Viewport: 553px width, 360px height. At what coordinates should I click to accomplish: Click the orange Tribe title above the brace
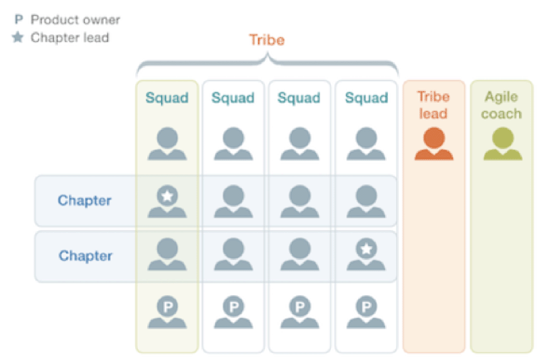point(267,40)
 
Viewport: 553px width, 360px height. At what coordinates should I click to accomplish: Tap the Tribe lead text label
point(433,105)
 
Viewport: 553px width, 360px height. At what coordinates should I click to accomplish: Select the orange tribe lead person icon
point(434,143)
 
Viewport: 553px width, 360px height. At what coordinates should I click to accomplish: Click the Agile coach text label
point(501,105)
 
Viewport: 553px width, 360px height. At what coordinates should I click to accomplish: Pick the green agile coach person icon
point(503,143)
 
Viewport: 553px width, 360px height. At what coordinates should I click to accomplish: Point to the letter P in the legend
point(19,19)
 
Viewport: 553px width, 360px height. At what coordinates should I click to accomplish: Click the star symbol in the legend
point(18,37)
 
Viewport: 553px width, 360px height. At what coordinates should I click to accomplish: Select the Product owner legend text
point(75,20)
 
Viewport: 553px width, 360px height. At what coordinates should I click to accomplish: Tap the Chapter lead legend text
point(70,37)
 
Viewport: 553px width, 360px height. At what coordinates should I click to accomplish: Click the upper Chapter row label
point(85,200)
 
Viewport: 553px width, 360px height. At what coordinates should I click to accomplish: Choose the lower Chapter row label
point(86,256)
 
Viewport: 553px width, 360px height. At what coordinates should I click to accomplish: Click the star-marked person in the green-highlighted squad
point(167,201)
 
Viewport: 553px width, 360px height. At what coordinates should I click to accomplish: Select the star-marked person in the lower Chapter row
point(366,254)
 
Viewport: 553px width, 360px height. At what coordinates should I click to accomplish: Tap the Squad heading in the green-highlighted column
point(167,98)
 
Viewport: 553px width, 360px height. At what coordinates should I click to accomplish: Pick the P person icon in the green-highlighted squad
point(167,312)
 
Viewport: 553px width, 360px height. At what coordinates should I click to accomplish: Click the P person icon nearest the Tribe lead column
point(366,312)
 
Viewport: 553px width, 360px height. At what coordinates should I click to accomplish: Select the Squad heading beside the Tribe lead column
point(366,98)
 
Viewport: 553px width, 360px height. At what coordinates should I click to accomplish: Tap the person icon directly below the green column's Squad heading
point(167,143)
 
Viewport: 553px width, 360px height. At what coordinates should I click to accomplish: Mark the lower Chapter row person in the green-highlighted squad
point(167,254)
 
